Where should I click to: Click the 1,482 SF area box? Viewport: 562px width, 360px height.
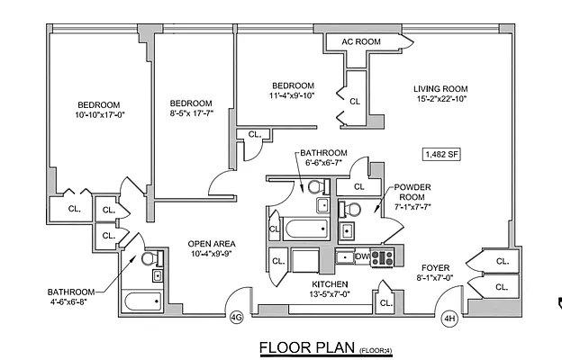click(440, 154)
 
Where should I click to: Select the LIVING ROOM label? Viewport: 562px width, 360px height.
click(441, 88)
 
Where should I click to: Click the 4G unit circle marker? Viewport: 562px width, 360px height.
click(237, 317)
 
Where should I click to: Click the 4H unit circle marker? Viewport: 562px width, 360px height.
click(449, 317)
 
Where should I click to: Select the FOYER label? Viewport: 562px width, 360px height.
click(437, 267)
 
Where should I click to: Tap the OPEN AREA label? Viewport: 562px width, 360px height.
click(212, 243)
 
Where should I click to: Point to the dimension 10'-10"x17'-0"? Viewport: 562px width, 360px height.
click(98, 115)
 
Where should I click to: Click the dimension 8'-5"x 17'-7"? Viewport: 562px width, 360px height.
click(191, 114)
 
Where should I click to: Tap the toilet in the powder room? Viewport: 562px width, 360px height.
click(351, 209)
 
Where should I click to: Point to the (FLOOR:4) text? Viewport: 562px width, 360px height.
click(376, 349)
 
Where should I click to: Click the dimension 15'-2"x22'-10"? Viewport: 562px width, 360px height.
click(441, 100)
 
